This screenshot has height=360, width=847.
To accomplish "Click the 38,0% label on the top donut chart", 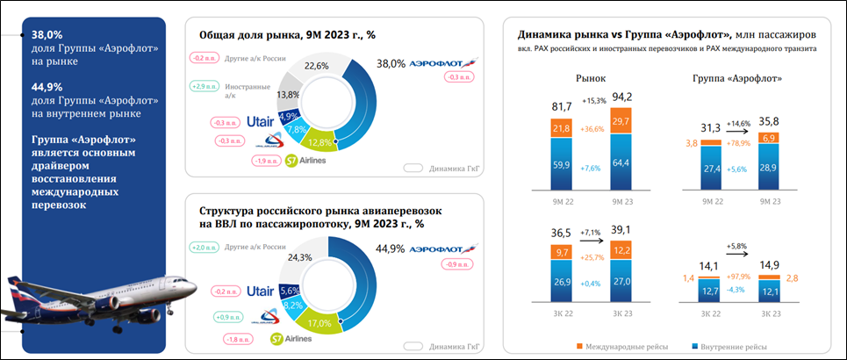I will [x=391, y=64].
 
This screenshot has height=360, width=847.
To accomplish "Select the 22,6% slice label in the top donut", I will [x=316, y=66].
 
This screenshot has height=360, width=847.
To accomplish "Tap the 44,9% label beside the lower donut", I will [x=391, y=249].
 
